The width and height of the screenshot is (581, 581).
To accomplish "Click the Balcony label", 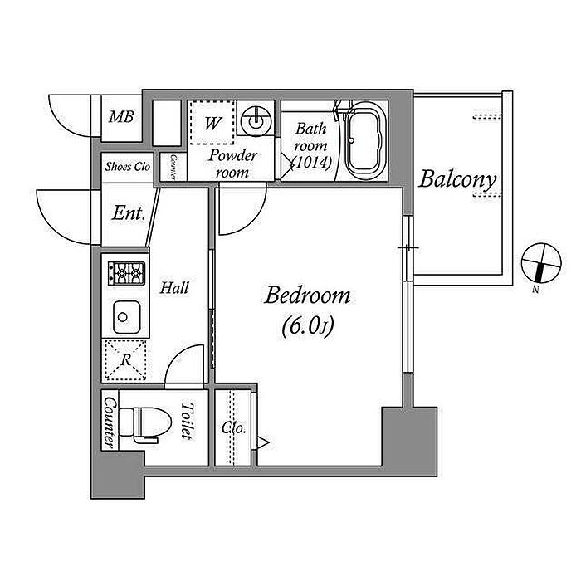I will click(x=457, y=178).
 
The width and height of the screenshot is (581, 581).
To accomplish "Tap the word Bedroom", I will click(x=307, y=295).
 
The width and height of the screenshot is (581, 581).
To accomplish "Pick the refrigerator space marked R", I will click(x=124, y=360).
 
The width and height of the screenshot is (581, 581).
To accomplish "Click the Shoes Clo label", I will click(x=127, y=166).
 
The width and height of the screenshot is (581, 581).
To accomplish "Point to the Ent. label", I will click(x=129, y=213).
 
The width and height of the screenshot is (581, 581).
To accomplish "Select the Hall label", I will click(x=175, y=288).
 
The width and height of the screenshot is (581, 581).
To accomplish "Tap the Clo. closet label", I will click(x=233, y=428).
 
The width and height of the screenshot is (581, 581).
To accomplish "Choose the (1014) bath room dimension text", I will click(x=313, y=162).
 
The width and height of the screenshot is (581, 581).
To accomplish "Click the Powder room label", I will click(x=233, y=164).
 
